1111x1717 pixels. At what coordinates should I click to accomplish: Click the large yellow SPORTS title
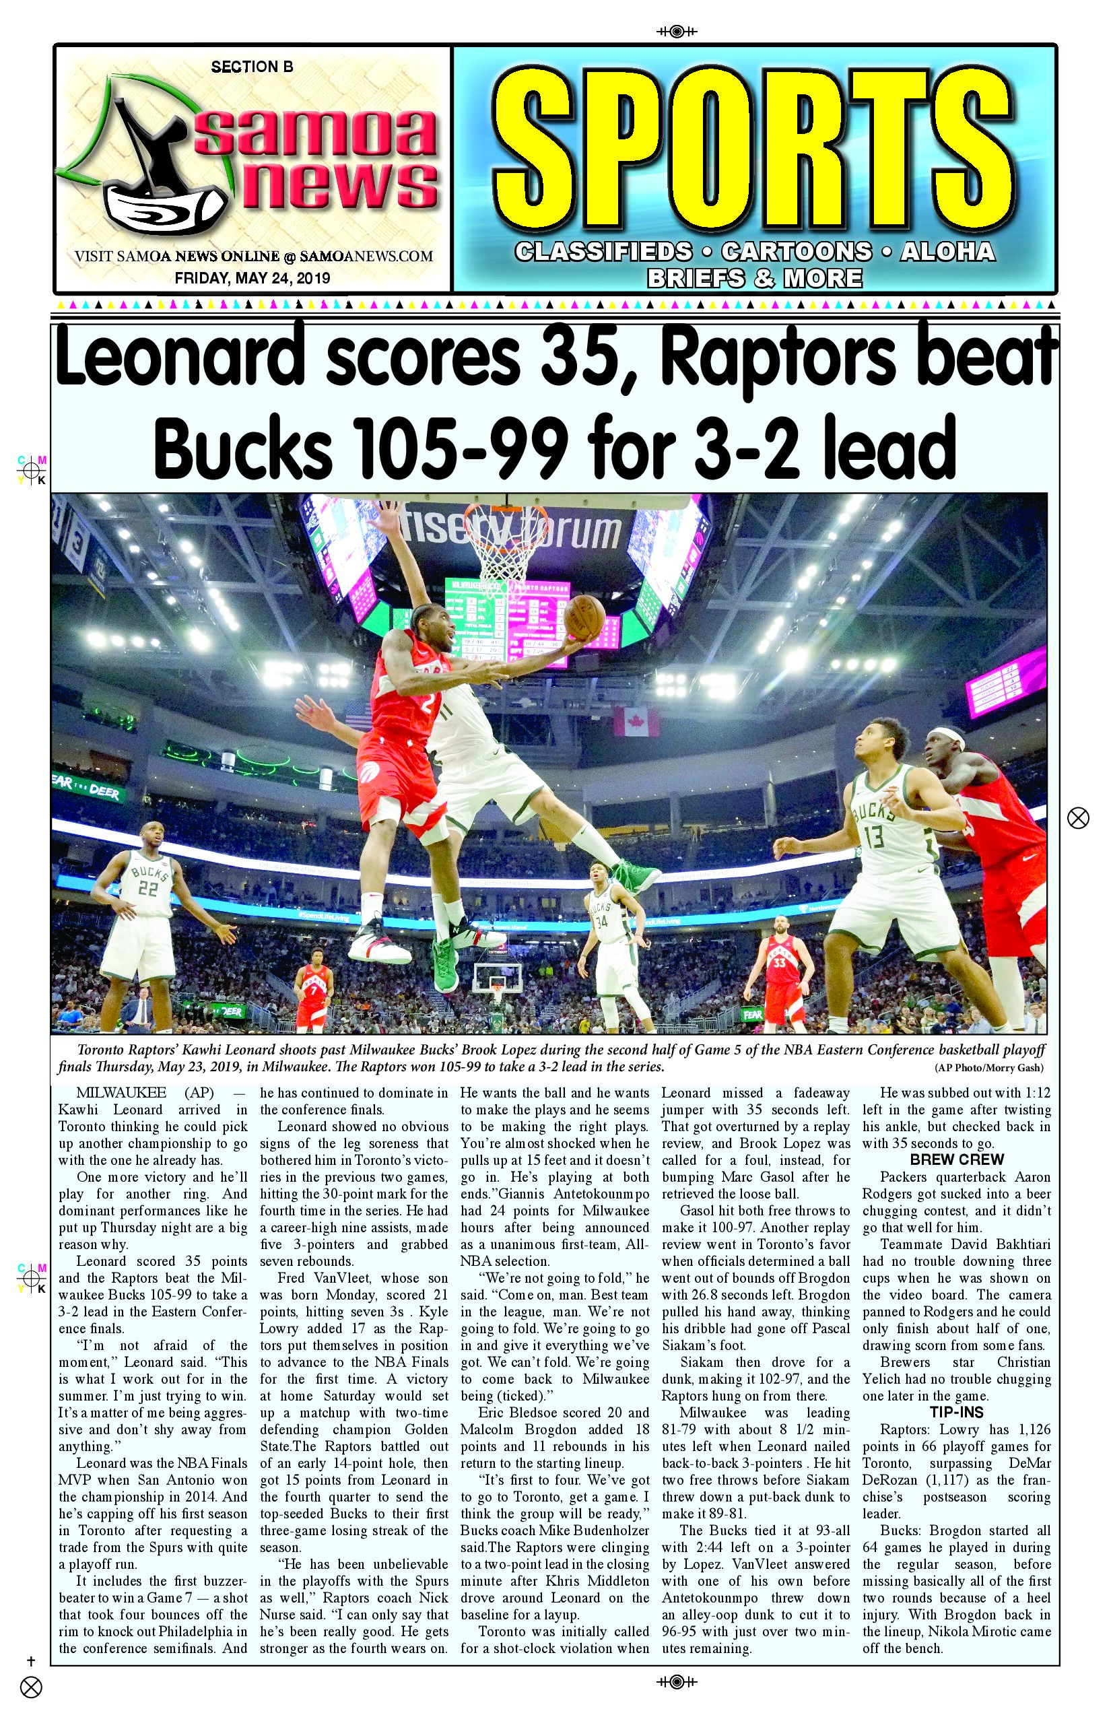(x=754, y=149)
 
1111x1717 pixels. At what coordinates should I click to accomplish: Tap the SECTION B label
(x=252, y=67)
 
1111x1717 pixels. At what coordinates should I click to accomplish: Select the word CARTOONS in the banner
(x=796, y=252)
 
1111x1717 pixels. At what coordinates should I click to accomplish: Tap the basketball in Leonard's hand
(x=584, y=617)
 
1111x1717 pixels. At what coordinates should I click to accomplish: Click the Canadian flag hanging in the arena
(x=636, y=721)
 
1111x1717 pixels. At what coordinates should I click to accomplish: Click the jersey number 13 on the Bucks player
(x=874, y=838)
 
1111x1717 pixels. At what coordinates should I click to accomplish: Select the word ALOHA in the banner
(x=947, y=252)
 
